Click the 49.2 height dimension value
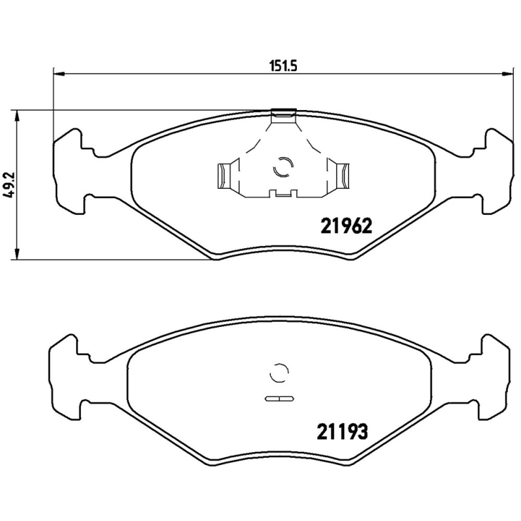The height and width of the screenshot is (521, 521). tap(8, 184)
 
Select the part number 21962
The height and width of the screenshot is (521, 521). tap(345, 225)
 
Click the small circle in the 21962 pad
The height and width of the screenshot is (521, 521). tap(282, 167)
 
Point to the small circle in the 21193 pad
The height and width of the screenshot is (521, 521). tap(278, 373)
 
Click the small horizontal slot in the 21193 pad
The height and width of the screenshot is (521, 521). tap(278, 397)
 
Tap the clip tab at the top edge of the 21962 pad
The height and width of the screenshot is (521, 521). tap(283, 115)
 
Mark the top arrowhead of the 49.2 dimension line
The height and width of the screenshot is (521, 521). tap(18, 115)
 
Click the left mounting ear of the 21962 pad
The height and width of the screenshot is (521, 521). tap(69, 170)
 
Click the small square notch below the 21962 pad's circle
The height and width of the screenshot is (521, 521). tap(282, 193)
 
